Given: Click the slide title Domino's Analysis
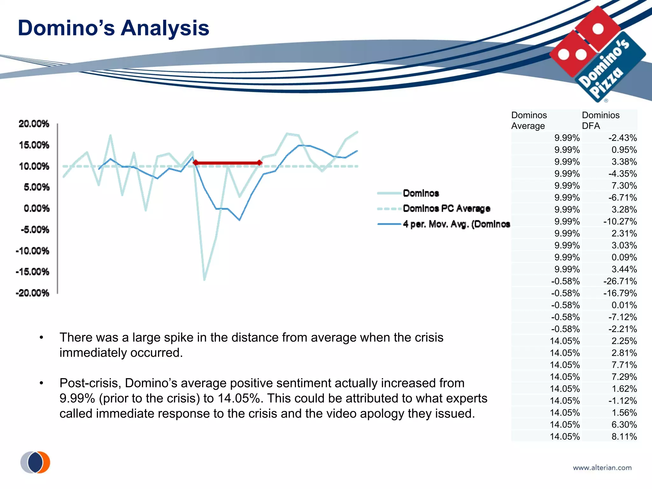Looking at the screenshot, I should pos(113,28).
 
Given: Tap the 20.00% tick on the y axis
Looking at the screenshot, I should pos(34,124).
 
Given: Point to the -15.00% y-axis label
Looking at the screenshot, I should pos(32,272).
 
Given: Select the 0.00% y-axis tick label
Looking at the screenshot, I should pos(36,209).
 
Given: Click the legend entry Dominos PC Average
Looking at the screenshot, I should pos(446,209).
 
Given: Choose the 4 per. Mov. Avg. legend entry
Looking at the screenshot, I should pos(456,224).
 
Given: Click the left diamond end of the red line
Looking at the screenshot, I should pos(195,163).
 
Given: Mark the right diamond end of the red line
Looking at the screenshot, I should pos(260,163).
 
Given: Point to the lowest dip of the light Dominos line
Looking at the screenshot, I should pos(204,280).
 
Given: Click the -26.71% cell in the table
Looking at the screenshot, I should pos(620,281).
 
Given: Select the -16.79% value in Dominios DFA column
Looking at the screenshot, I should pos(620,293).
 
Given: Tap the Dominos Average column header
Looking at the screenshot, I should pos(529,120).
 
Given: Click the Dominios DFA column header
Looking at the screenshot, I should pos(600,120).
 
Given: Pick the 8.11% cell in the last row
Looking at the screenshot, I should pos(624,436).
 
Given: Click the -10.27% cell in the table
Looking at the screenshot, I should pos(620,222).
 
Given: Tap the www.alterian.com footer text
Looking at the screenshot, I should pos(602,468).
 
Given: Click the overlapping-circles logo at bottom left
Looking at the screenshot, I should pos(35,462).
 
